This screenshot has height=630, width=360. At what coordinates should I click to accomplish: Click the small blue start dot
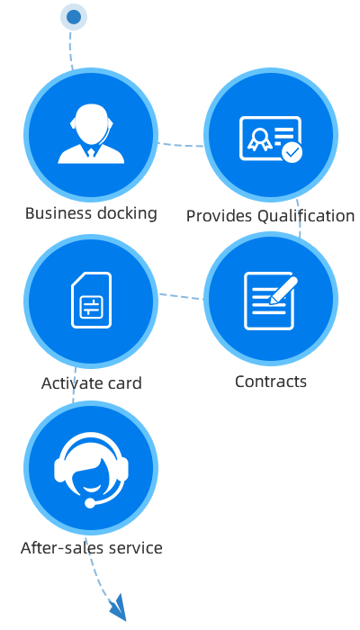(x=74, y=17)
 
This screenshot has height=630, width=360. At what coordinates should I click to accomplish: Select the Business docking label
(x=91, y=213)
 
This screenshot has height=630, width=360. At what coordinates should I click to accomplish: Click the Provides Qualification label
(x=270, y=216)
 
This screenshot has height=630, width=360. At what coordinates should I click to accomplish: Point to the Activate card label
(x=91, y=382)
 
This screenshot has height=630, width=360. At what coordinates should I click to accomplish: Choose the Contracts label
(x=270, y=382)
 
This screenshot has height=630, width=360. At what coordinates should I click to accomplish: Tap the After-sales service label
(x=91, y=547)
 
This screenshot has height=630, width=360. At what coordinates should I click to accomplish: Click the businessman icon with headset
(x=91, y=134)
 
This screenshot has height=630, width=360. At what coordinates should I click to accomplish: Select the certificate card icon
(x=271, y=139)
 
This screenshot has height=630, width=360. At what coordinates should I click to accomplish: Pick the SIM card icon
(x=91, y=300)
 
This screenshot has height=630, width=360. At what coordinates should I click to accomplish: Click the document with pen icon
(x=271, y=301)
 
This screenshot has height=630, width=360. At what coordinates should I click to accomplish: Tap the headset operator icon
(x=91, y=470)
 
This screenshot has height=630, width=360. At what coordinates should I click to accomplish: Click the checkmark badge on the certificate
(x=292, y=152)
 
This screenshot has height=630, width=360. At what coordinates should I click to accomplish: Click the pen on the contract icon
(x=283, y=290)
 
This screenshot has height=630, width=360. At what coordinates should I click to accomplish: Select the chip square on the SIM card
(x=91, y=308)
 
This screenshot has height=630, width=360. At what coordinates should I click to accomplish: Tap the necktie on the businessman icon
(x=91, y=153)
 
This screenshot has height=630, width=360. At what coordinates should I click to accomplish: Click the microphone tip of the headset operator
(x=90, y=503)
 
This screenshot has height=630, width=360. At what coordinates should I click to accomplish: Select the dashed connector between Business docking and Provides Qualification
(x=180, y=145)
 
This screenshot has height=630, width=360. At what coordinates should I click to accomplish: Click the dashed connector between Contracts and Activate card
(x=181, y=296)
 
